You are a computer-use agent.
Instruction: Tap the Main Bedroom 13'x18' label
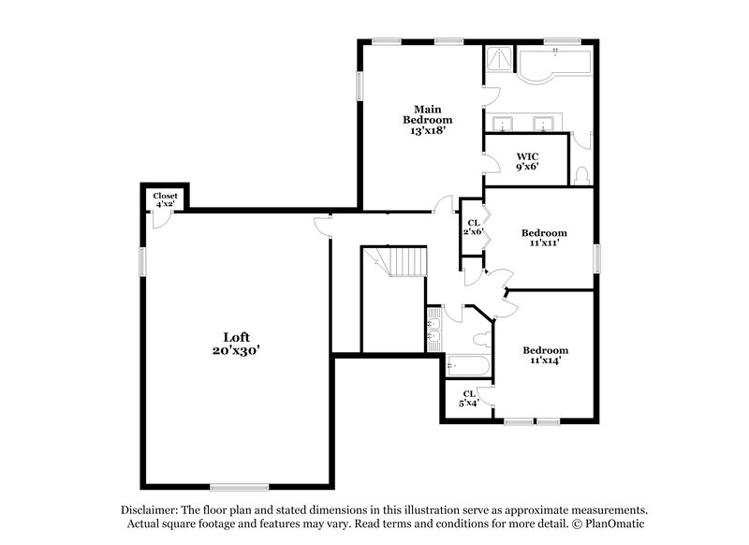(428, 120)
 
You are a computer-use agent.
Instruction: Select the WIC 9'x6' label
(526, 161)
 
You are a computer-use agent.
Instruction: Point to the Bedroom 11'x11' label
(544, 238)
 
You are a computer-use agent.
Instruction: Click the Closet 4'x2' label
(166, 199)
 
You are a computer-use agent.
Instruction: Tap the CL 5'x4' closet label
(468, 398)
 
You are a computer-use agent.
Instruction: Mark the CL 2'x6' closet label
(473, 228)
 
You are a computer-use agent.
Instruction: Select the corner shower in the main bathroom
(498, 60)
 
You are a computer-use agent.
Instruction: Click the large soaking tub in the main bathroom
(554, 65)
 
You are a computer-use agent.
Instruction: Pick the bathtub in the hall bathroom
(463, 364)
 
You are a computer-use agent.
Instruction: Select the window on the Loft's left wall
(142, 261)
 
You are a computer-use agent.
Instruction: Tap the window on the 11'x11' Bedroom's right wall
(595, 258)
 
